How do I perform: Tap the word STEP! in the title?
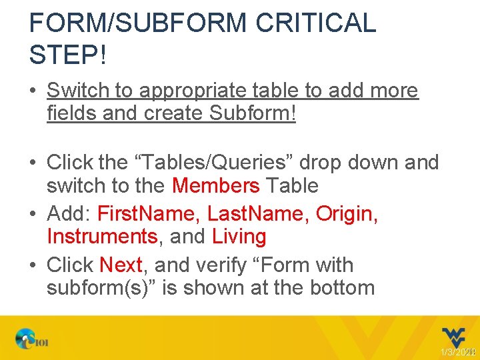tap(67, 54)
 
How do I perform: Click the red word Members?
tap(215, 185)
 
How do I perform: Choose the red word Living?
tap(239, 237)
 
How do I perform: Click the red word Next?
tap(121, 265)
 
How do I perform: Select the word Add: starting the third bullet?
tap(69, 214)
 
